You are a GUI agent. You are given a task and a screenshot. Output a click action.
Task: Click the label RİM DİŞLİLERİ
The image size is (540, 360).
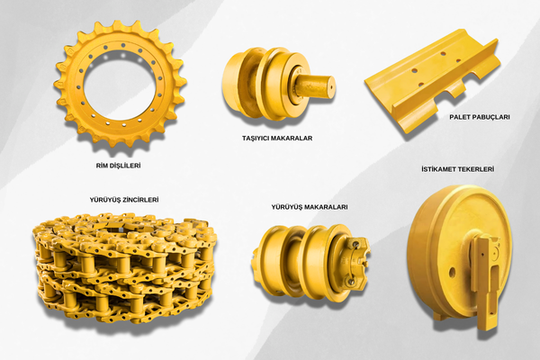coord(118,166)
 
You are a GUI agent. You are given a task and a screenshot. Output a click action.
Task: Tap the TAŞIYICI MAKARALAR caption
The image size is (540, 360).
coord(277,138)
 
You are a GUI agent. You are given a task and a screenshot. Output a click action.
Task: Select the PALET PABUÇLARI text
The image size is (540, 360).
coord(480,117)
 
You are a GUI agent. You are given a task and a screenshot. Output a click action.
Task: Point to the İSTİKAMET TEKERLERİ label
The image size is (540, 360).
coord(458,169)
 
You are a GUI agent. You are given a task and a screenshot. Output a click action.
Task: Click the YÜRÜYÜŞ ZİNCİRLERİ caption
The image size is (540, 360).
coord(124,200)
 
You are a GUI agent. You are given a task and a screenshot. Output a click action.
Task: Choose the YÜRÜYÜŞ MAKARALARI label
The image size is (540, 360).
coord(310,207)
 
